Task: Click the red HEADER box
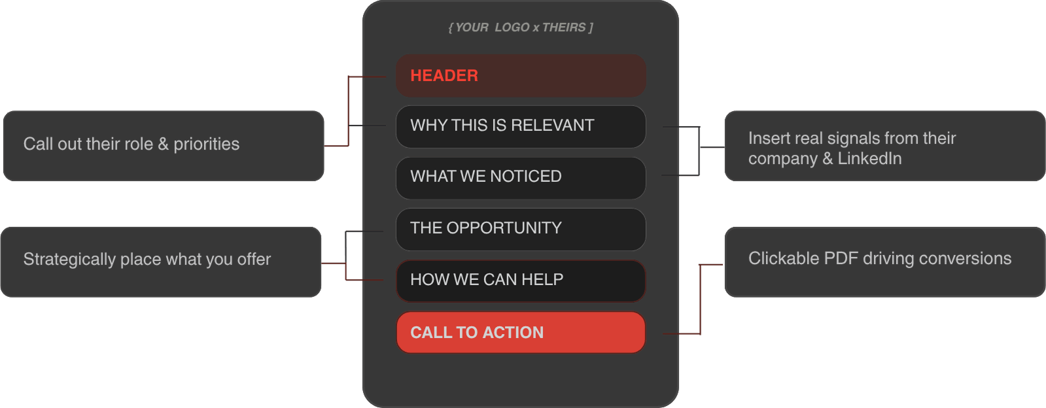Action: click(521, 76)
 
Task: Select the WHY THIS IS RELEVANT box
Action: click(521, 126)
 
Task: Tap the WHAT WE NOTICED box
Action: click(521, 178)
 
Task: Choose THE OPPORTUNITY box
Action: click(521, 229)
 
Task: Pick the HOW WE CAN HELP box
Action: click(521, 280)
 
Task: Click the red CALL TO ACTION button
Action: click(521, 332)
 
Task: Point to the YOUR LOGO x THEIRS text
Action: click(521, 27)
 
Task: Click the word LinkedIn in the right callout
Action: click(869, 159)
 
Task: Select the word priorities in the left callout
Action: click(206, 144)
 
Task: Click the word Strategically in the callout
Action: click(69, 260)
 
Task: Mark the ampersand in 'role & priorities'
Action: click(163, 144)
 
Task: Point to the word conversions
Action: click(965, 259)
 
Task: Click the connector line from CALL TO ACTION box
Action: click(700, 301)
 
